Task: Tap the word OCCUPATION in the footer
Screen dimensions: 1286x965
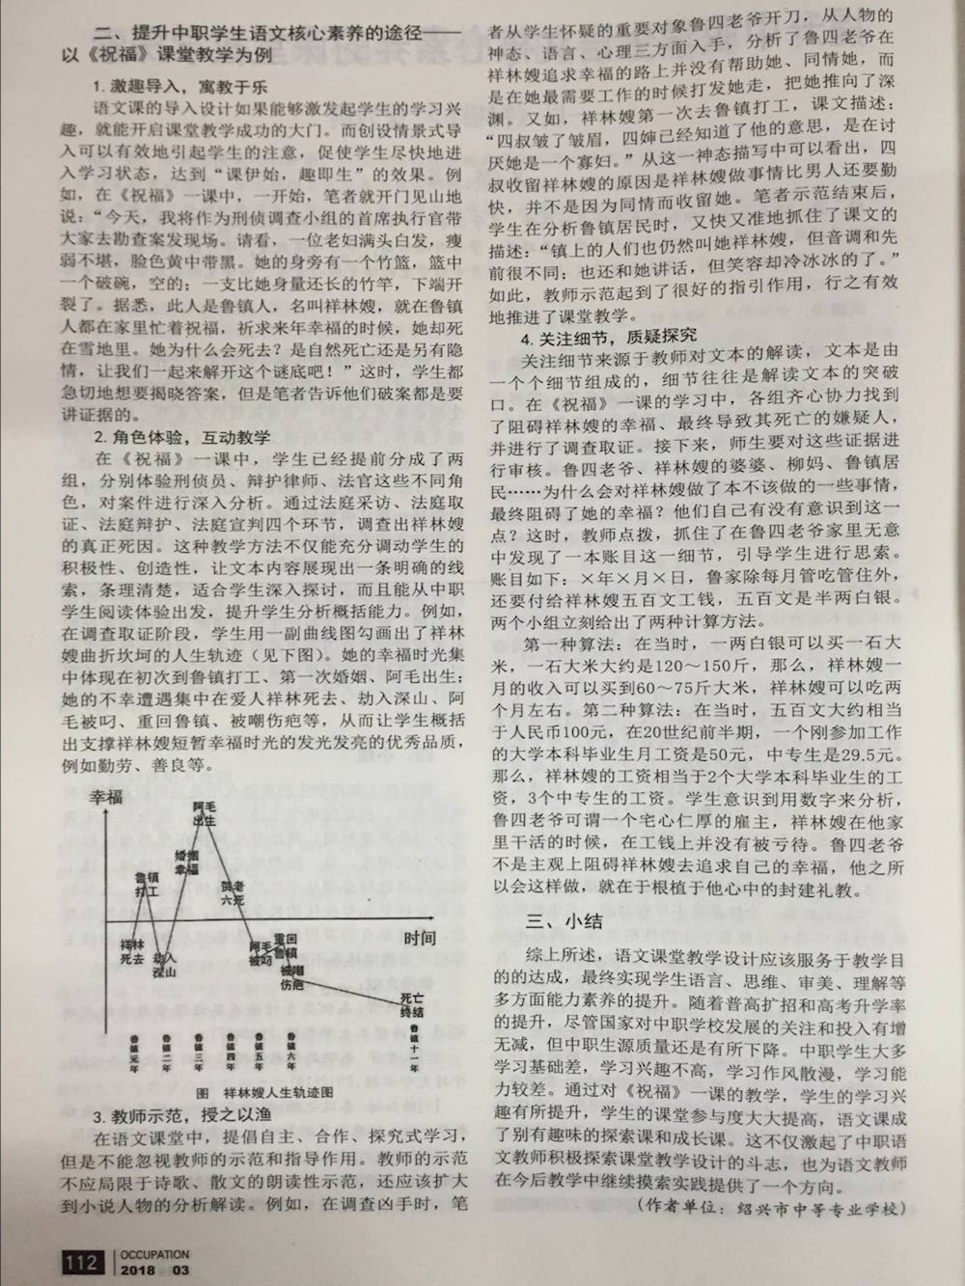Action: pos(154,1254)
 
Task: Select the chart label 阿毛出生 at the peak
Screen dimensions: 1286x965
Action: pos(204,813)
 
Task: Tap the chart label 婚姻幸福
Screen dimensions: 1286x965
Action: pos(187,862)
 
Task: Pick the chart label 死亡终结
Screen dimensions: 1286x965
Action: pos(412,1004)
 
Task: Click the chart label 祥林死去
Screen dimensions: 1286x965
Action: pos(132,951)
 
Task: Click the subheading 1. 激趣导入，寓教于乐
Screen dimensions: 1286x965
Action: pos(180,87)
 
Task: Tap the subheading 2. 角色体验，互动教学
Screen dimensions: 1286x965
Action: pos(182,437)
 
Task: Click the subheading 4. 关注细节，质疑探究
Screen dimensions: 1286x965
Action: pos(608,337)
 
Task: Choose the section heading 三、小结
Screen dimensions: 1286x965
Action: pos(565,921)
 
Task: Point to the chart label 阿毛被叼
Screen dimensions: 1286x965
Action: pos(261,953)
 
